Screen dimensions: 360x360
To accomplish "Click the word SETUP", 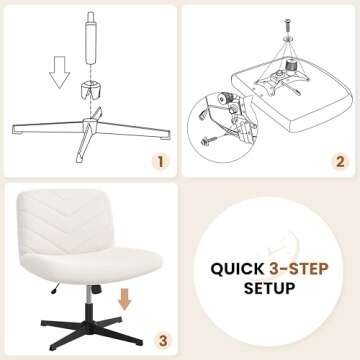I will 269,290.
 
